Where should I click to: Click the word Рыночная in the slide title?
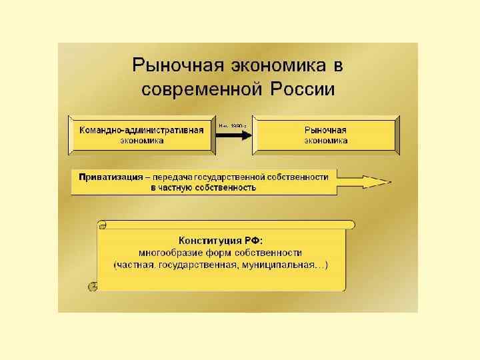tap(173, 66)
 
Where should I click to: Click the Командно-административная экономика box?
tap(141, 135)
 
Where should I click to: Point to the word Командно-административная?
tap(141, 130)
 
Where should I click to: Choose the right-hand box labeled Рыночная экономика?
tap(326, 135)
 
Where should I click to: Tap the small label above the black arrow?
tap(233, 125)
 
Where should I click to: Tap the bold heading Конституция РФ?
tap(220, 241)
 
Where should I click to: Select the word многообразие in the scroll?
tap(171, 253)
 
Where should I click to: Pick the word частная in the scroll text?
tap(136, 265)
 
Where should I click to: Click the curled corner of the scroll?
tap(93, 285)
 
